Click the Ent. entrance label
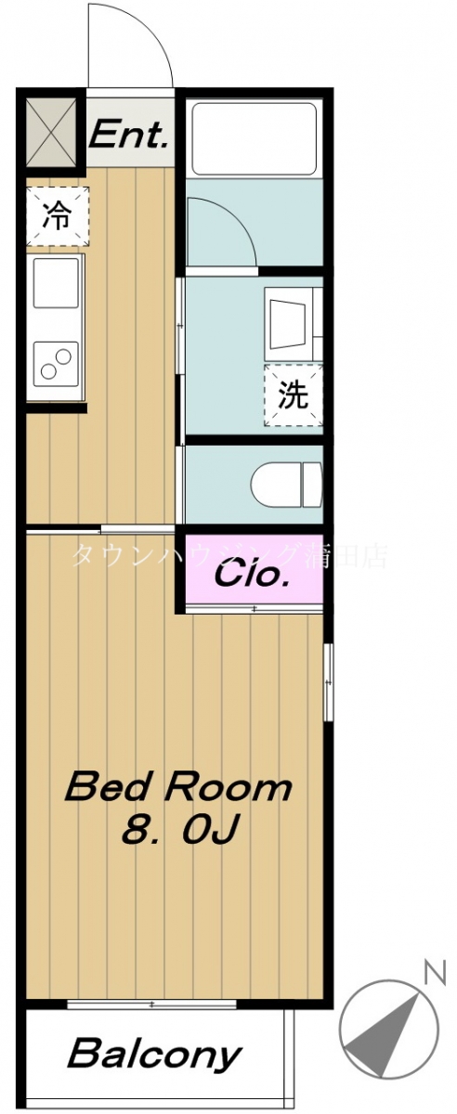[129, 137]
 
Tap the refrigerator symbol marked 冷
[57, 216]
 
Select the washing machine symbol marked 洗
[293, 396]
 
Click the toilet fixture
[285, 483]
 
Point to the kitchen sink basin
[57, 283]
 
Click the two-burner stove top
[56, 360]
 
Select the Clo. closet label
[251, 575]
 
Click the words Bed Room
[177, 788]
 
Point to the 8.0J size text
[182, 829]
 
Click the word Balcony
[155, 1055]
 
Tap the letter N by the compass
[432, 973]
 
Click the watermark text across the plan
[228, 555]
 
